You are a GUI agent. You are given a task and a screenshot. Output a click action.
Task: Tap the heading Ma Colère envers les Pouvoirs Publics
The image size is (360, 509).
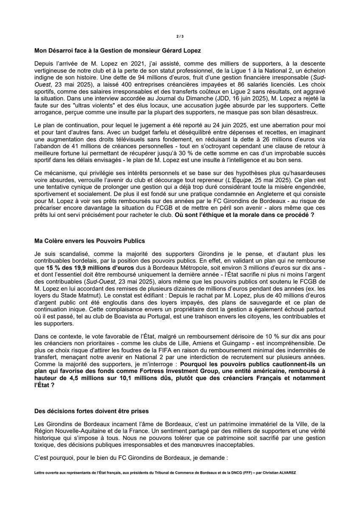[90, 241]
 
